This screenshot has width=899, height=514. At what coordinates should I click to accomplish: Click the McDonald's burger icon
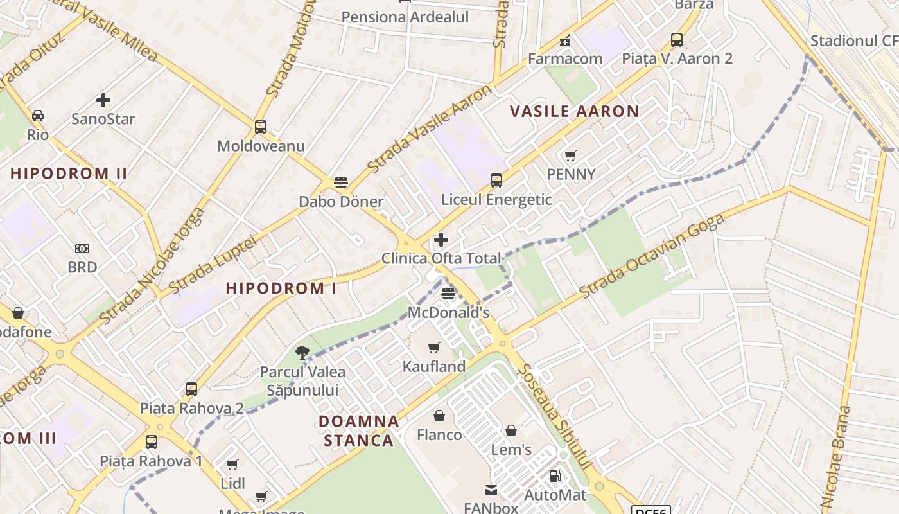(x=448, y=294)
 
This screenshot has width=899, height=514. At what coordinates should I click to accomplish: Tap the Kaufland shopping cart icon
(x=434, y=348)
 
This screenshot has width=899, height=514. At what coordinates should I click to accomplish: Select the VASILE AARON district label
(x=574, y=111)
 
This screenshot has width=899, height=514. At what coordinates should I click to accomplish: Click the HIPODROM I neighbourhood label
(x=281, y=288)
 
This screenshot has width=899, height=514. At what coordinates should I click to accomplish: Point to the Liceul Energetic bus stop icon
(x=496, y=181)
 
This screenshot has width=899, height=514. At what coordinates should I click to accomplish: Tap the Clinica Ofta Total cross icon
(x=441, y=240)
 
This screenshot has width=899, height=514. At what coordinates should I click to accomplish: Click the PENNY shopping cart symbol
(x=570, y=155)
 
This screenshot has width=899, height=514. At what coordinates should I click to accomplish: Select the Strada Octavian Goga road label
(x=652, y=256)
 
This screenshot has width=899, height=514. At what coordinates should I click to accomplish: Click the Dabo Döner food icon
(x=341, y=182)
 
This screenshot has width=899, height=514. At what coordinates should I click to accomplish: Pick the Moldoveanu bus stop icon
(x=260, y=127)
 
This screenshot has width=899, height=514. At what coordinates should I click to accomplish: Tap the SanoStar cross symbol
(x=103, y=100)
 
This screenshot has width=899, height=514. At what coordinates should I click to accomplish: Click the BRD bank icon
(x=82, y=249)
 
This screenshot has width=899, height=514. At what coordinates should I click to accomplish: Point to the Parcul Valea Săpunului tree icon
(x=302, y=352)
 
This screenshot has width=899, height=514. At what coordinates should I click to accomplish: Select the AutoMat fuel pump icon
(x=555, y=476)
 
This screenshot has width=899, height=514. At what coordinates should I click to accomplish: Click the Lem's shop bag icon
(x=511, y=430)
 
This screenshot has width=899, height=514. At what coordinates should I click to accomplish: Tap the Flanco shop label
(x=439, y=435)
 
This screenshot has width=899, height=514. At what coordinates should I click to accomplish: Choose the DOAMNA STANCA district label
(x=358, y=430)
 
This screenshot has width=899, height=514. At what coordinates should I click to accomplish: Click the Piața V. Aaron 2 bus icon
(x=677, y=40)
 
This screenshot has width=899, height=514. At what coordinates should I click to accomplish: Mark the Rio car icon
(x=38, y=116)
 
